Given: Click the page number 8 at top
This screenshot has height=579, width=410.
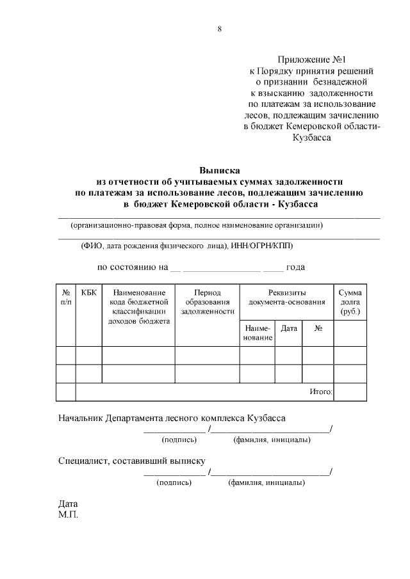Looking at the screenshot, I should click(219, 28).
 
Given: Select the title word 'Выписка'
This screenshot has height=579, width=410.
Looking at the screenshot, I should click(219, 171).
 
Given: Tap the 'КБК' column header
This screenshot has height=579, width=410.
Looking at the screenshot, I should click(89, 292).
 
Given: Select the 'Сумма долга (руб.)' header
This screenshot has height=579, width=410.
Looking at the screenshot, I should click(350, 301).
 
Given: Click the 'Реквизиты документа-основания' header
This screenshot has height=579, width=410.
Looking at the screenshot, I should click(286, 297).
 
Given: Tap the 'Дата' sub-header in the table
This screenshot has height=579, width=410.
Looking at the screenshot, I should click(289, 328).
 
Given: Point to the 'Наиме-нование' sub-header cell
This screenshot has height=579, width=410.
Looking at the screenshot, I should click(258, 333).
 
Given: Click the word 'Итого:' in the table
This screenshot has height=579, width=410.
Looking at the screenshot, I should click(320, 391).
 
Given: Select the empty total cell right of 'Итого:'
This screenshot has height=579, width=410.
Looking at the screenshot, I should click(350, 392).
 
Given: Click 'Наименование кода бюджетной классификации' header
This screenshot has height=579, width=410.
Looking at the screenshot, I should click(138, 306).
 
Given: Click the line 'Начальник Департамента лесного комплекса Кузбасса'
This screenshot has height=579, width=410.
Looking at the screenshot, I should click(172, 418).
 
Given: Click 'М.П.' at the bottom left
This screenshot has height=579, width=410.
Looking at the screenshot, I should click(68, 514).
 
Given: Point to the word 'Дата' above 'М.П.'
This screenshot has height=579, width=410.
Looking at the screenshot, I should click(68, 504).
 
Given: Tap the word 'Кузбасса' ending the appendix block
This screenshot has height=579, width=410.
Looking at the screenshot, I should click(311, 138).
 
